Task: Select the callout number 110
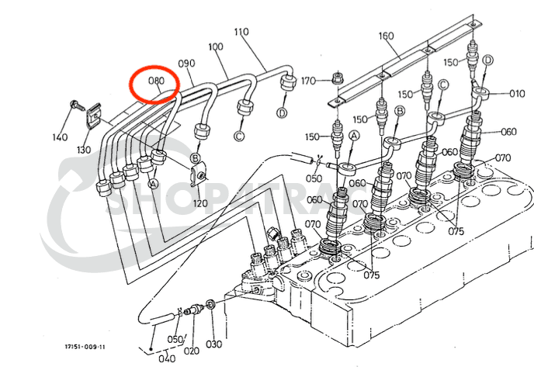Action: pos(241,33)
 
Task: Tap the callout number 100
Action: pos(215,47)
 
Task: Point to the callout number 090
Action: pos(186,63)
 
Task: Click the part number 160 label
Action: pos(386,36)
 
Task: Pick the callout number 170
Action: pos(308,81)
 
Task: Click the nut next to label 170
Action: pos(337,78)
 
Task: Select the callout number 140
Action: pos(60,137)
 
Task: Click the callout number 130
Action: pos(83,150)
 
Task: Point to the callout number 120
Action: pos(201,203)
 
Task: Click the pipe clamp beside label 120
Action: pos(199,175)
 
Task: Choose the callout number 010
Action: pos(517,94)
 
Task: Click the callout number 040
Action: pos(167,358)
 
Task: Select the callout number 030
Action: pos(213,344)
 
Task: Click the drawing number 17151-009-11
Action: pos(85,347)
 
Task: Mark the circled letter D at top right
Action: pos(487,60)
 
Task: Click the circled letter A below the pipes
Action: pos(153,184)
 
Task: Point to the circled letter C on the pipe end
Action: pos(240,136)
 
